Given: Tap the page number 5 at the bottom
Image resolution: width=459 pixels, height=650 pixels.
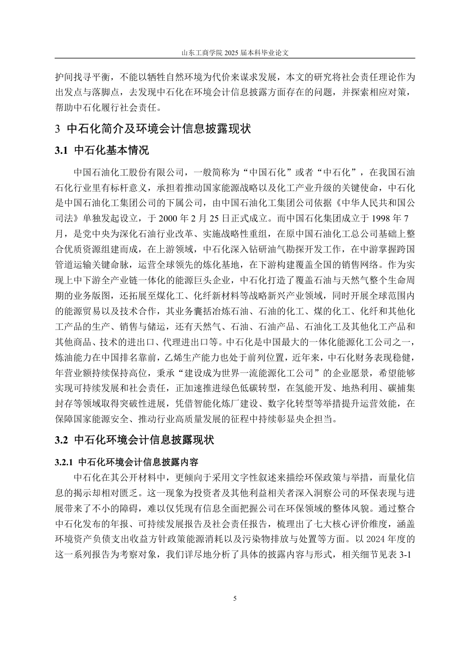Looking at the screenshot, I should click(235, 599).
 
